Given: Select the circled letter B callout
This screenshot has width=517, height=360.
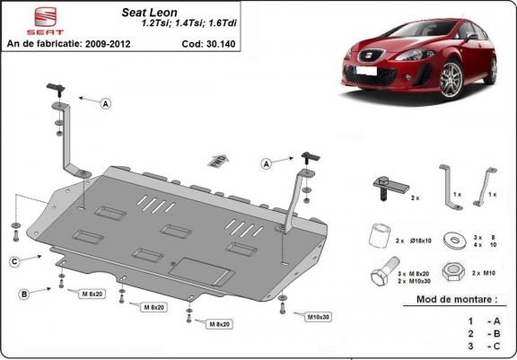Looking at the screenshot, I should [23, 294].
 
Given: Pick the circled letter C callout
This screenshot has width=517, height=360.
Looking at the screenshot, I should [15, 261].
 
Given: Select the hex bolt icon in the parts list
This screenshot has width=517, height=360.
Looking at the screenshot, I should [381, 275].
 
